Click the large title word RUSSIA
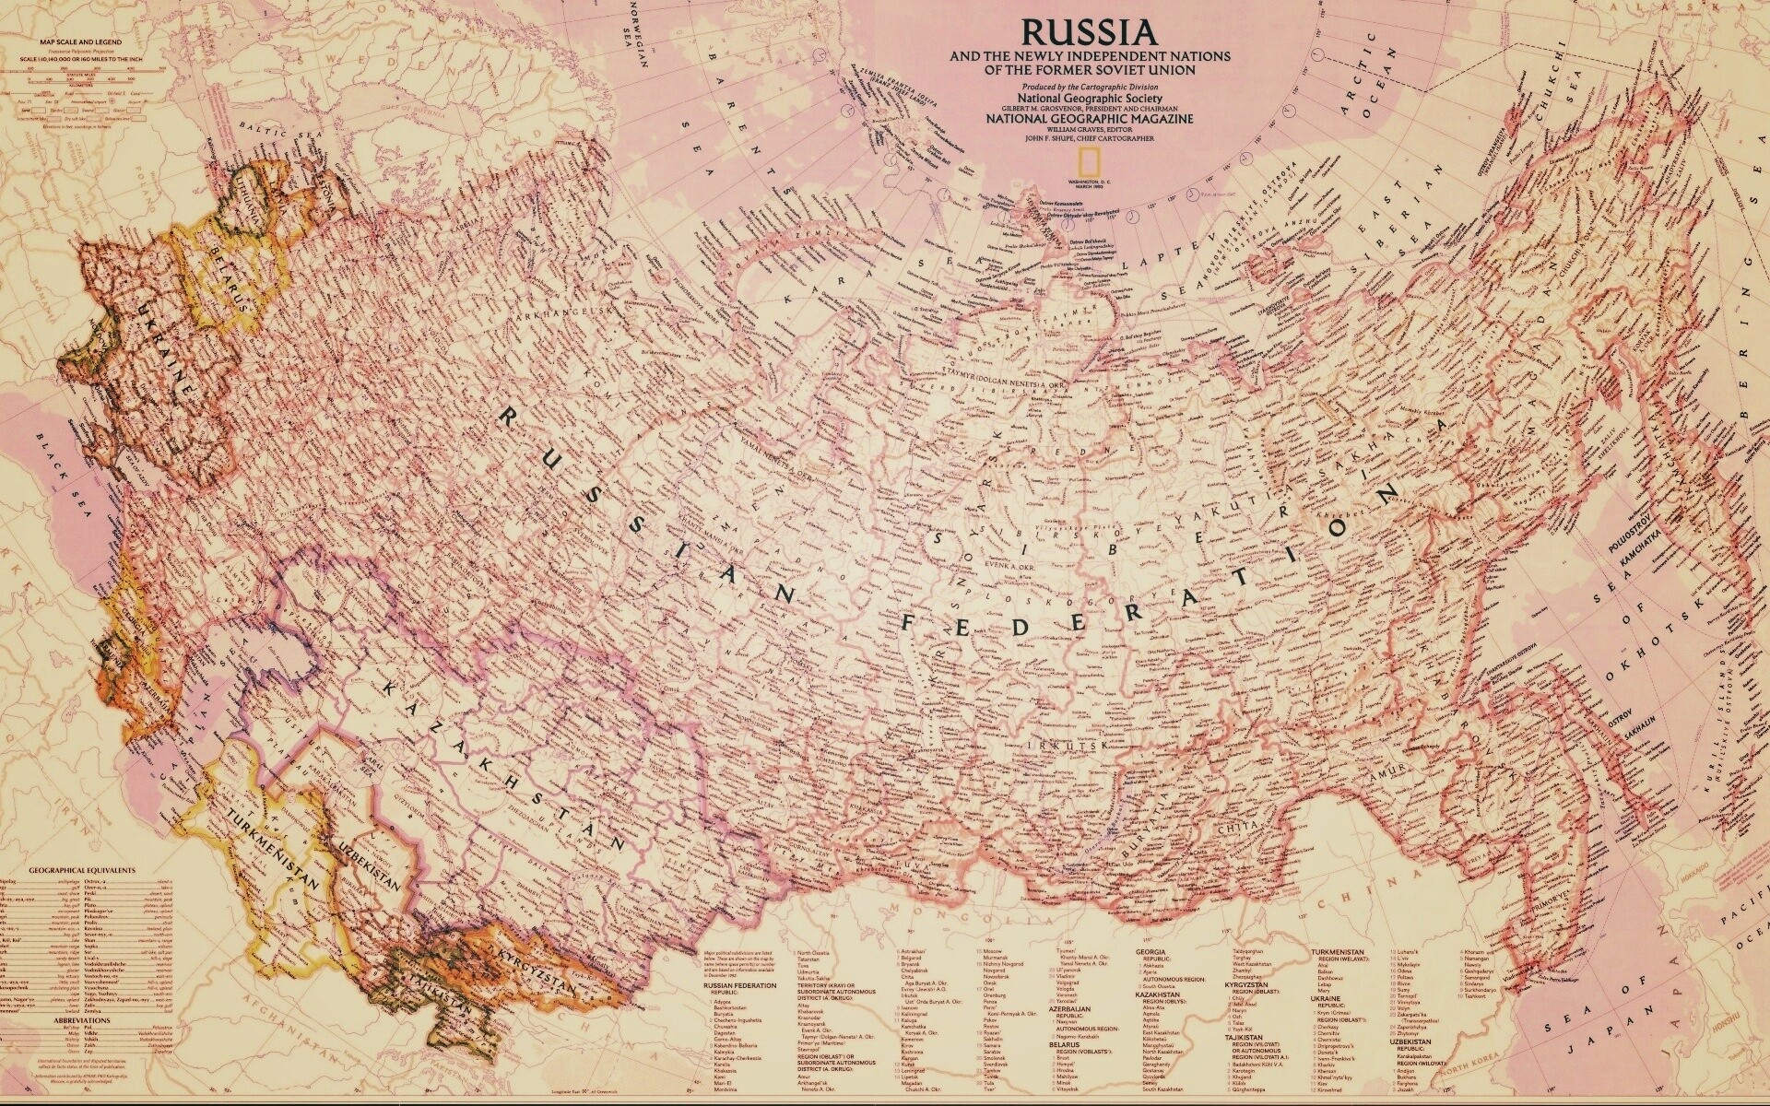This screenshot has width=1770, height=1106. coord(1091,32)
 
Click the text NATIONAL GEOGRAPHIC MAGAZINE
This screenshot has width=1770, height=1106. coord(1090,119)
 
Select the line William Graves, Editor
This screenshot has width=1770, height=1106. coord(1090,129)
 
